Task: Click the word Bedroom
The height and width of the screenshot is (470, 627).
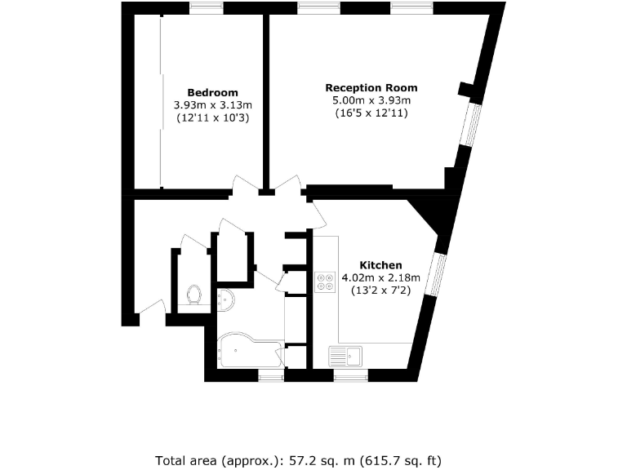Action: [x=212, y=92]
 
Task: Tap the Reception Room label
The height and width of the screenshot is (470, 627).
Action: [x=371, y=87]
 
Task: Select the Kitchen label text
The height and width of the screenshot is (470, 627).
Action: [x=382, y=265]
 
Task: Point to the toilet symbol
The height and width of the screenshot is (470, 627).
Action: [x=194, y=293]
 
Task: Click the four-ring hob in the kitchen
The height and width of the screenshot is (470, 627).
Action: [x=325, y=280]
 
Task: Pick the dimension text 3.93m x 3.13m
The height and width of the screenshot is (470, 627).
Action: [x=212, y=105]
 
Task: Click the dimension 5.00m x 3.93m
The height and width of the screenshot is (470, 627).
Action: [x=371, y=100]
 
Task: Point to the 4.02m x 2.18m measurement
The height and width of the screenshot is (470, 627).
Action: [x=381, y=277]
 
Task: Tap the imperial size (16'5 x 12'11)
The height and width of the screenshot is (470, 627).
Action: [x=371, y=113]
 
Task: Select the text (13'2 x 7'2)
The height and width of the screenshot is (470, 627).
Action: [x=381, y=290]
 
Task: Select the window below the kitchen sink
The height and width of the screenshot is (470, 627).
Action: [x=350, y=376]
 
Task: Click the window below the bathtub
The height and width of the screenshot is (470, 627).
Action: [x=270, y=376]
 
